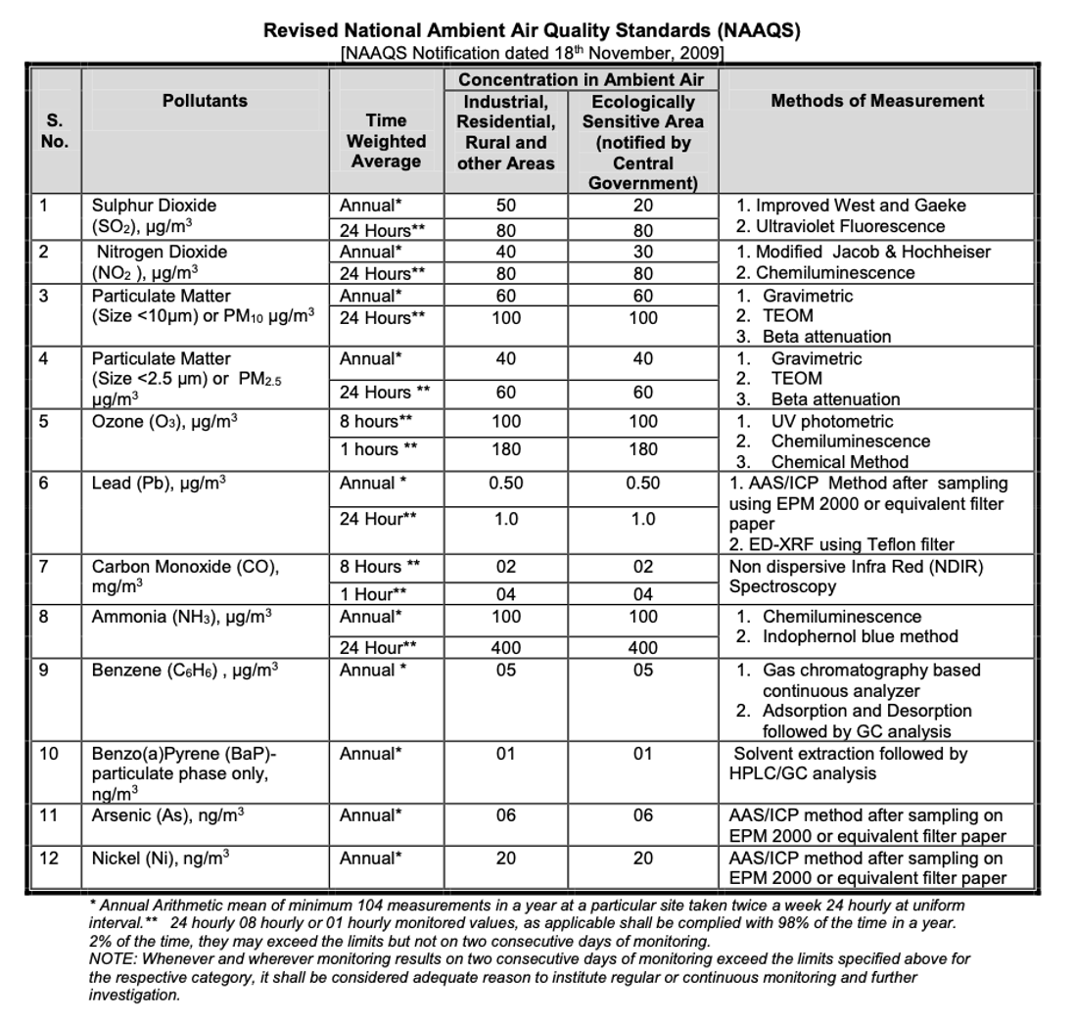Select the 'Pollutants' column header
point(205,100)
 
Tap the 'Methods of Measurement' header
point(877,100)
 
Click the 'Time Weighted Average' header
point(386,140)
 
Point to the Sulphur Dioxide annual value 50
point(505,207)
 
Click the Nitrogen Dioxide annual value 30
point(643,252)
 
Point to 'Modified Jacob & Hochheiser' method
point(872,252)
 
